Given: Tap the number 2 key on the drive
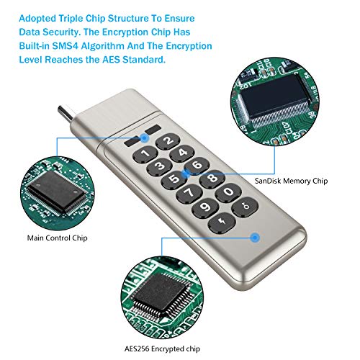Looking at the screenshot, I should [171, 140].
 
